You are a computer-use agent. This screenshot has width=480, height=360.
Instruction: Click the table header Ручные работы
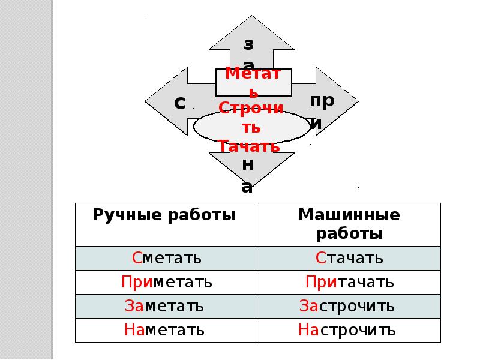click(x=164, y=215)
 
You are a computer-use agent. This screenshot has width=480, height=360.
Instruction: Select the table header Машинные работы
click(x=349, y=224)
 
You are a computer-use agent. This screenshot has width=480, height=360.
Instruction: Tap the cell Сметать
click(x=167, y=259)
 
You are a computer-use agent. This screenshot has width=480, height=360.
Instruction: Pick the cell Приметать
click(x=167, y=282)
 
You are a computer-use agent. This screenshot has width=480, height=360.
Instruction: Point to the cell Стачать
click(x=349, y=259)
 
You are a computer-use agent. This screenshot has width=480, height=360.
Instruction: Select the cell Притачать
click(x=349, y=282)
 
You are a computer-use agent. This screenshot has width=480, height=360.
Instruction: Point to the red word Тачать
click(x=248, y=146)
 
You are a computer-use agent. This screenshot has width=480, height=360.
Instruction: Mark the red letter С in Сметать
click(x=137, y=259)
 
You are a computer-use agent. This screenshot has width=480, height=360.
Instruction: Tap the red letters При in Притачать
click(x=319, y=282)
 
